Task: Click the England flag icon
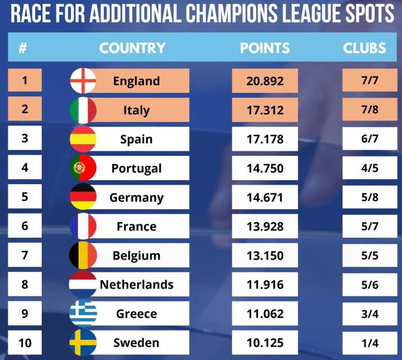tap(83, 81)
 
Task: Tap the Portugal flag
tap(83, 168)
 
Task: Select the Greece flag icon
tap(83, 314)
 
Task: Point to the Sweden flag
tap(83, 343)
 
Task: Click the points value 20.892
tap(265, 81)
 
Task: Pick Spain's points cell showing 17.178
tap(265, 139)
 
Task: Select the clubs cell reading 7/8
tap(370, 110)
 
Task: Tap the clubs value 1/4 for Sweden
tap(370, 343)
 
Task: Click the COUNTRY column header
tap(132, 48)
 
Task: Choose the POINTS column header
tap(265, 48)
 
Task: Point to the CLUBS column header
tap(365, 48)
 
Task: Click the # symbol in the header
tap(23, 48)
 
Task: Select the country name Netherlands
tap(137, 285)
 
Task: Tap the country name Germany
tap(137, 198)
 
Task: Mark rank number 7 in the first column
tap(25, 255)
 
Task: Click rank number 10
tap(25, 343)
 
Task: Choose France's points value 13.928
tap(265, 227)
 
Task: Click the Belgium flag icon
tap(83, 256)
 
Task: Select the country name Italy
tap(137, 110)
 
